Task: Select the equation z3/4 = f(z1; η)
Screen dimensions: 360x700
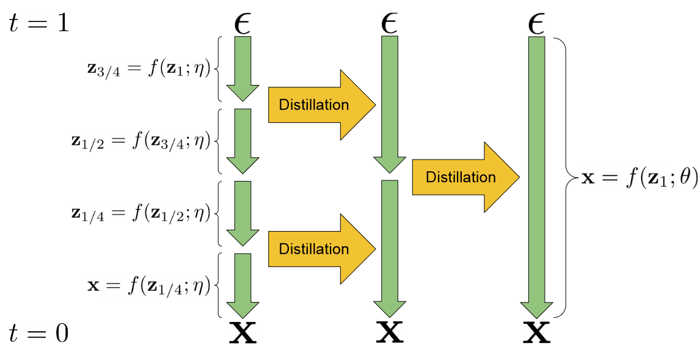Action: point(149,69)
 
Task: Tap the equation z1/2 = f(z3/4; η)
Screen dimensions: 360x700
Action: point(141,141)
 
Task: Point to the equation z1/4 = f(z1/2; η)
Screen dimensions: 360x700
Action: point(141,213)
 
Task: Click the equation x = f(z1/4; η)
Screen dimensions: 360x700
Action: point(149,285)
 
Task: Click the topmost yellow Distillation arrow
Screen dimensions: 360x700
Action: point(321,105)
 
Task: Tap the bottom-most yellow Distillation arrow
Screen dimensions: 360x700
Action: point(321,249)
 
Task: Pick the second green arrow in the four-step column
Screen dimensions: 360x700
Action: point(243,141)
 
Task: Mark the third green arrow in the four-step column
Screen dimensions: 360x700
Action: point(243,213)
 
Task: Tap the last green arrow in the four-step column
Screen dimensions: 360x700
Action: point(243,285)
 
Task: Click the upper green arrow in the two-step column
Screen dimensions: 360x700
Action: point(390,104)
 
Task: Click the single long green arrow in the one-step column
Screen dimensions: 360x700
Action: point(536,177)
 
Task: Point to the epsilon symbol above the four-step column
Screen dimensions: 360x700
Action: point(242,23)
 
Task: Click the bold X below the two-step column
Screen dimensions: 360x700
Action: point(390,332)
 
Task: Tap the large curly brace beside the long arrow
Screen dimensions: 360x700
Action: point(566,177)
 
